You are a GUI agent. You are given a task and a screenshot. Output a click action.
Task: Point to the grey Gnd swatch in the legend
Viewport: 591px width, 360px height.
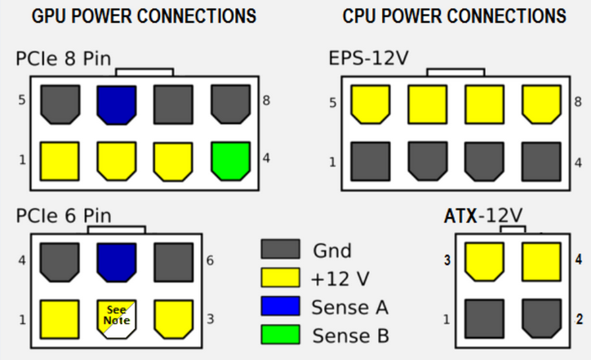click(280, 250)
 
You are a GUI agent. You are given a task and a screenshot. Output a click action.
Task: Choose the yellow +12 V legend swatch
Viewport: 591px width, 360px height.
click(280, 278)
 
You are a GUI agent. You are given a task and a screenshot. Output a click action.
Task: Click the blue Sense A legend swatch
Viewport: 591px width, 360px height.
click(280, 306)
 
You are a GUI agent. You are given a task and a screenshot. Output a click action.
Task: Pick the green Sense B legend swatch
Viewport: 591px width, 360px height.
click(280, 334)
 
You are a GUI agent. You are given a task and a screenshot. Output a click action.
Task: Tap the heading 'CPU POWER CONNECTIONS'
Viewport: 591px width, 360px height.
click(454, 16)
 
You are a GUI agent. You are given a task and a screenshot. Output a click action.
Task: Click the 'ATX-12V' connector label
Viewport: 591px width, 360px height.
click(483, 216)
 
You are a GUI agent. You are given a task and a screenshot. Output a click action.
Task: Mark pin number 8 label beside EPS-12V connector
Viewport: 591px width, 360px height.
click(578, 103)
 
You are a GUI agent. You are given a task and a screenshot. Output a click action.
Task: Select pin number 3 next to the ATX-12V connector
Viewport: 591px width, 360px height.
click(447, 261)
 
